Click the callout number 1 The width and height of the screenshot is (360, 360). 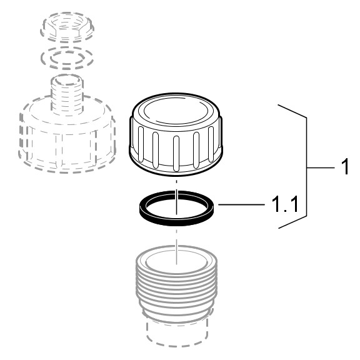(x=345, y=166)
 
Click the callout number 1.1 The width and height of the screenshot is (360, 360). (x=285, y=204)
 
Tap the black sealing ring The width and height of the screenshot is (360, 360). (x=176, y=219)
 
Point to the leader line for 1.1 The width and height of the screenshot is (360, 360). (x=241, y=204)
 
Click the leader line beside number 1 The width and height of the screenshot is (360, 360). (x=321, y=167)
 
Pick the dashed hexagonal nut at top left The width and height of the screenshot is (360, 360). (x=67, y=27)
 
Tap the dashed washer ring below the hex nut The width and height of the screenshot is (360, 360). (x=67, y=58)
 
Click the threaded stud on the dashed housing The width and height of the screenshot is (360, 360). (x=67, y=94)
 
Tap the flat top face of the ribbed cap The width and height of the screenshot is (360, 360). (x=176, y=111)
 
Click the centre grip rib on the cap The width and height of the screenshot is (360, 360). (x=176, y=153)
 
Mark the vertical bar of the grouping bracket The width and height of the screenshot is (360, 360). (x=306, y=167)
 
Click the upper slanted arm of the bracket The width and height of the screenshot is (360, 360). (x=292, y=111)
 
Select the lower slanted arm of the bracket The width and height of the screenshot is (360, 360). (x=292, y=222)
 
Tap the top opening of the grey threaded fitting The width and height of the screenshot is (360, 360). (x=176, y=261)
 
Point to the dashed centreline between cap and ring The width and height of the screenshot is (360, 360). (x=176, y=185)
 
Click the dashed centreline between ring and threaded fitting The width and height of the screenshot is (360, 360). (x=176, y=246)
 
